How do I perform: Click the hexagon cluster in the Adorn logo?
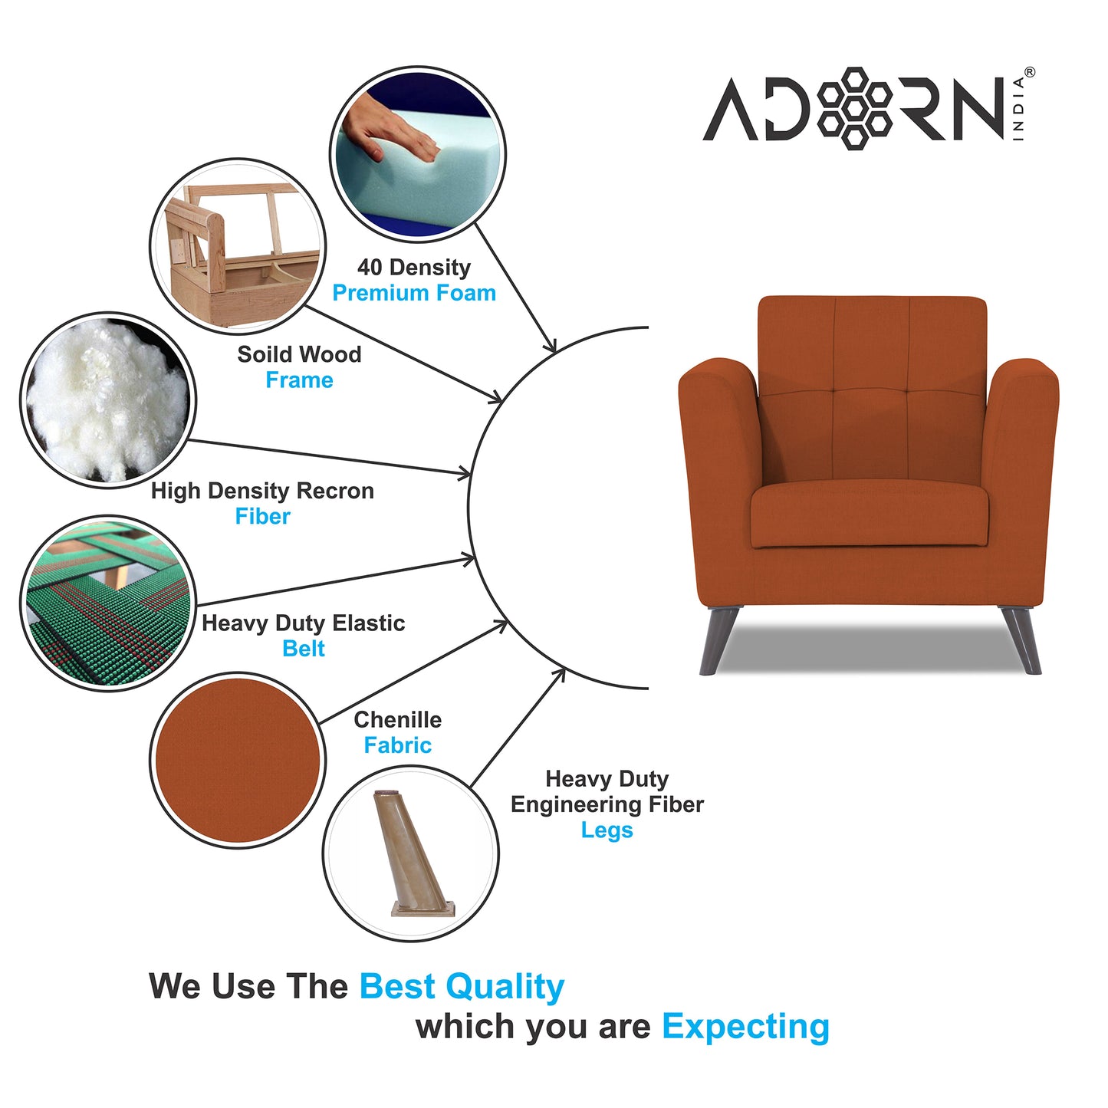853,107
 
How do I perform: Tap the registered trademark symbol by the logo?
1029,72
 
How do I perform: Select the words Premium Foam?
414,293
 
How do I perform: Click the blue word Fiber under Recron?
262,517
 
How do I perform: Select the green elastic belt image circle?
107,603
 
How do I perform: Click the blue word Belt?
304,649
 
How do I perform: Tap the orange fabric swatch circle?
238,760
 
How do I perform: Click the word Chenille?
397,720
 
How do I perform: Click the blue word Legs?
607,830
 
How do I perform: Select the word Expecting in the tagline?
745,1026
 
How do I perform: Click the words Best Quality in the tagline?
462,986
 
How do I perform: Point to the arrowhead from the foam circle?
550,347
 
